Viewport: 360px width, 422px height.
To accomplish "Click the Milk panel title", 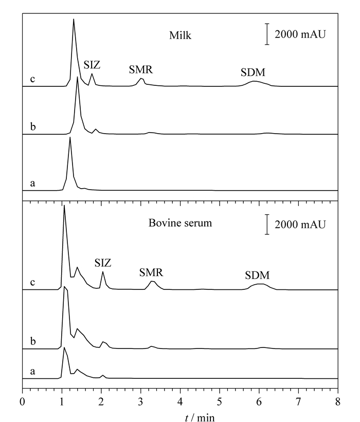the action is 180,35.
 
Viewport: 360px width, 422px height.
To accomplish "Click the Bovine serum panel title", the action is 180,223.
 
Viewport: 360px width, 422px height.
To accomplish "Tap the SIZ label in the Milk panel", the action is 92,65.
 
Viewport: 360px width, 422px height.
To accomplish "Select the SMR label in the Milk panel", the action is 140,70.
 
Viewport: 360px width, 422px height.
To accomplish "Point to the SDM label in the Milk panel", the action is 253,72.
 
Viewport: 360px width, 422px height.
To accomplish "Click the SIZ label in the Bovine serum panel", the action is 102,263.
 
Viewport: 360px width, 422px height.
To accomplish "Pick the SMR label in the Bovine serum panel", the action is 151,272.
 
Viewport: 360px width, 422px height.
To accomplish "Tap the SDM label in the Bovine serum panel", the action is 257,276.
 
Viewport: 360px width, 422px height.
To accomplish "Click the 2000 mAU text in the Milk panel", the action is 300,34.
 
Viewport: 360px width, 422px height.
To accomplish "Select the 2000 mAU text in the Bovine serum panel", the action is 300,225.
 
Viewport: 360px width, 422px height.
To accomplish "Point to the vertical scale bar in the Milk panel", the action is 267,34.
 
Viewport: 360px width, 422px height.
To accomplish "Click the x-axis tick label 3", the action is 140,402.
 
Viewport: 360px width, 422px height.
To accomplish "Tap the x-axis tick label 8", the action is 338,402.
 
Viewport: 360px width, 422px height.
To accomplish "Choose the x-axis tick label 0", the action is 22,402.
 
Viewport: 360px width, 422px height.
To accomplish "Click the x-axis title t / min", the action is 200,417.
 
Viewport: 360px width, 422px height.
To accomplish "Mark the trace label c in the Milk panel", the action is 32,79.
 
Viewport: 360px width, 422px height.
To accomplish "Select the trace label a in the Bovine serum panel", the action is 32,372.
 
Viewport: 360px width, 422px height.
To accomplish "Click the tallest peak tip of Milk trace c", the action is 74,19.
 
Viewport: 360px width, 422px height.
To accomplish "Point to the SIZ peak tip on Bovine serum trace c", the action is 102,272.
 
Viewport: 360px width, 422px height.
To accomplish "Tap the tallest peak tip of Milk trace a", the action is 70,137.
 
